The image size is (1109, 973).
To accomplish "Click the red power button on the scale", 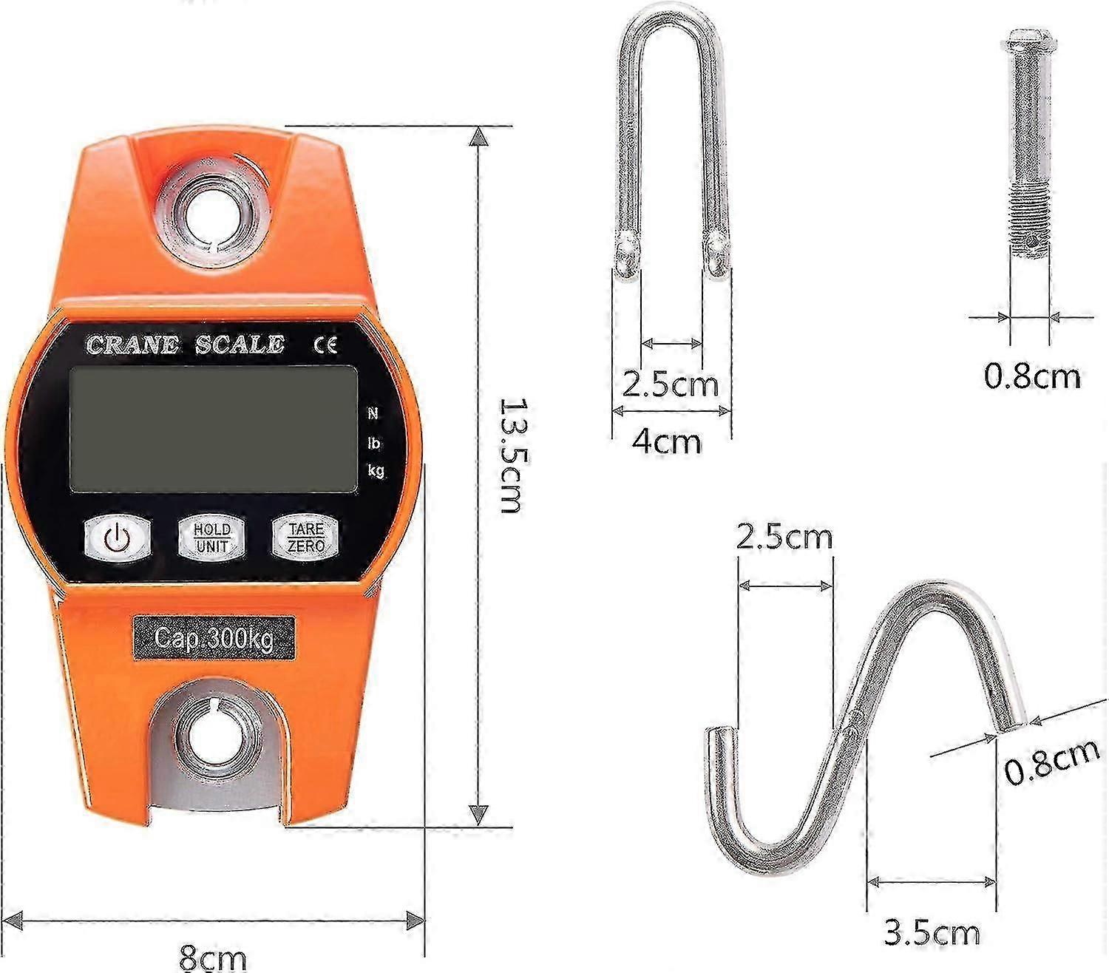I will pos(118,536).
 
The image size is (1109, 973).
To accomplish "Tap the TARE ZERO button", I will pos(305,538).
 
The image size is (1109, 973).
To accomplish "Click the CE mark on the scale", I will pos(325,345).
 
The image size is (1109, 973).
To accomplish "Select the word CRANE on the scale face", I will pos(132,345).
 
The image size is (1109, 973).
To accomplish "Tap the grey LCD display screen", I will pos(214,428).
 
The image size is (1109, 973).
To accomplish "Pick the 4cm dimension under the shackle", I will pos(666,441).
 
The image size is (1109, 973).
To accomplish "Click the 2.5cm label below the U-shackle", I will pos(670,384).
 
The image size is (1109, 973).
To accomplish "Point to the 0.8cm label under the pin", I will pos(1032,376).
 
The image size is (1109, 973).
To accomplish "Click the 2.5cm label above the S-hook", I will pos(784,536).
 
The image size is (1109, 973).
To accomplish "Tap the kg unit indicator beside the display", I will pos(376,471).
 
